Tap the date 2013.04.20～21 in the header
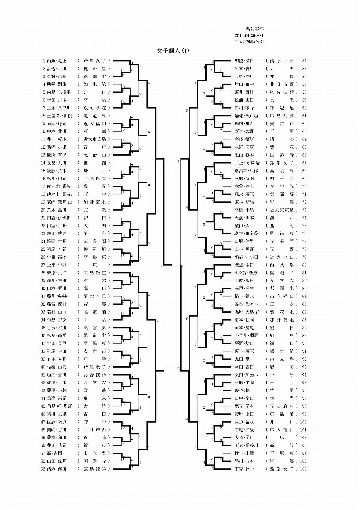coord(249,35)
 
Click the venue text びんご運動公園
coord(249,42)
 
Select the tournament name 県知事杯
coord(252,29)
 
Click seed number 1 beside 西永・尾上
coord(43,61)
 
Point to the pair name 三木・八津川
coord(59,108)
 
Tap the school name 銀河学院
coord(94,108)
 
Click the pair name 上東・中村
coord(57,265)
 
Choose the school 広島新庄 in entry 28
coord(94,273)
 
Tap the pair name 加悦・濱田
coord(244,61)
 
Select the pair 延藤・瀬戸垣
coord(247,116)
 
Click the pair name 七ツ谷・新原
coord(246,273)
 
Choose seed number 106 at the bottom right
coord(303,469)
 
